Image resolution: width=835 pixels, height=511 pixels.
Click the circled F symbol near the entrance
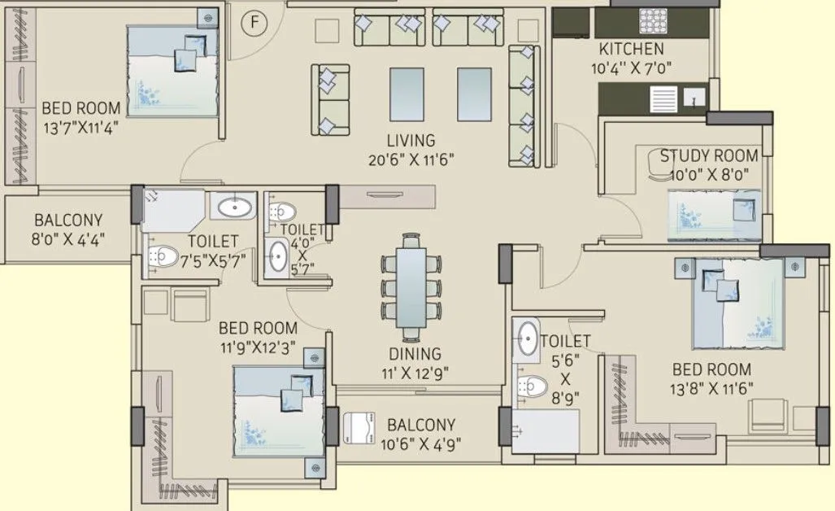[254, 23]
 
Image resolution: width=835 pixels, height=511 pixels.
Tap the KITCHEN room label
[631, 50]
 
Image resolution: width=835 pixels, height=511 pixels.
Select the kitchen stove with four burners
[652, 20]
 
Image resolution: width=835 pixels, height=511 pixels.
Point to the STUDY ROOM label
[709, 155]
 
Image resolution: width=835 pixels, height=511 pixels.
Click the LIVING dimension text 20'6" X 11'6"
[410, 160]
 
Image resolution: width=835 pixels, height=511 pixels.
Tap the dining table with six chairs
[411, 287]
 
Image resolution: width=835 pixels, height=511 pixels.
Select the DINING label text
[414, 354]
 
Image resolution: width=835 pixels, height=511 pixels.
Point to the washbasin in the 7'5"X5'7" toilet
[233, 206]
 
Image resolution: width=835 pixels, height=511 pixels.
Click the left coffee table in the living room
[407, 93]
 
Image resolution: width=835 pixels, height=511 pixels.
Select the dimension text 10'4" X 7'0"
[632, 69]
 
